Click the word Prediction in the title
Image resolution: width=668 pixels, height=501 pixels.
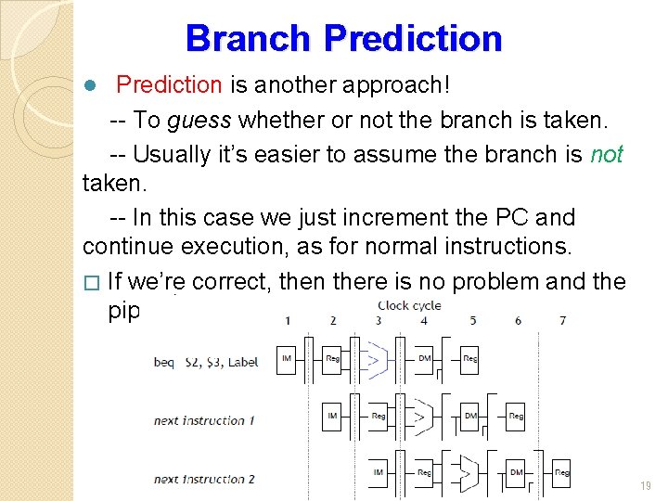click(x=413, y=38)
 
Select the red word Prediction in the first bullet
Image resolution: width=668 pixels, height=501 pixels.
click(x=169, y=85)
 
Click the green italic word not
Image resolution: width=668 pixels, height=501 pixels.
click(x=607, y=154)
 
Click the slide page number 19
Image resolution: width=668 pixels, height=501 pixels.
click(x=646, y=486)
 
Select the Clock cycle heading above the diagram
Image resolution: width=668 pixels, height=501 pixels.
click(x=409, y=305)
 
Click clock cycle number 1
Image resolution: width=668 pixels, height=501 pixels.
click(x=288, y=321)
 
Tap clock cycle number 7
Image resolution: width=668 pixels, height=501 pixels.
click(x=563, y=321)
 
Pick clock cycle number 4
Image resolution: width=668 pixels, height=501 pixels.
click(x=424, y=321)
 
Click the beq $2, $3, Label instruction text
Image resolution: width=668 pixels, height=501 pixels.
click(x=206, y=363)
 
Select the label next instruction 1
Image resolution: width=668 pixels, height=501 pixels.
click(x=204, y=420)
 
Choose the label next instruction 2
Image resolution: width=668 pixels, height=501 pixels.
click(x=204, y=479)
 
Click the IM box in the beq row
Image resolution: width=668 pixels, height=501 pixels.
click(x=287, y=359)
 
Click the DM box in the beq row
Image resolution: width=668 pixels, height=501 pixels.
click(x=424, y=359)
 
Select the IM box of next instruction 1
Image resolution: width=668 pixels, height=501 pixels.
click(x=332, y=416)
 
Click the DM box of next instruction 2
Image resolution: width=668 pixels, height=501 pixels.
click(x=516, y=472)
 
